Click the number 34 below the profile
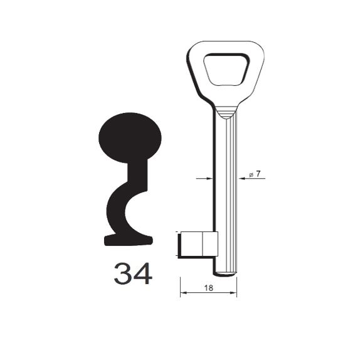[133, 273]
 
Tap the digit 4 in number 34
[143, 273]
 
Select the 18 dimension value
[208, 288]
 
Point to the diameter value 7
[258, 174]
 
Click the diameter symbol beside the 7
[251, 174]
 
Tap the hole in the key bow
[226, 70]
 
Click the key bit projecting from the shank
[198, 244]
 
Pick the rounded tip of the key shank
[225, 274]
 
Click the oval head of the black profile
[130, 138]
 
